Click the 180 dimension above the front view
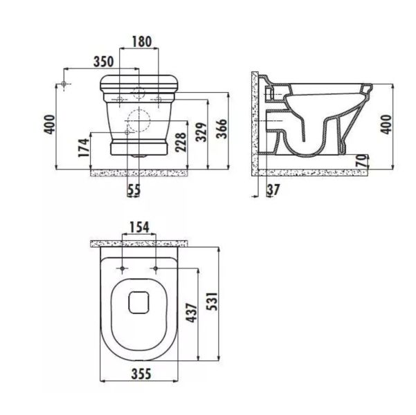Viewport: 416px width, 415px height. (142, 41)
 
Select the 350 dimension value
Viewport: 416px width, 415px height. (103, 62)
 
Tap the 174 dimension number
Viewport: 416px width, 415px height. (84, 148)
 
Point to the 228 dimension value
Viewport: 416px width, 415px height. (181, 142)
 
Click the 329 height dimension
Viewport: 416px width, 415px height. (201, 132)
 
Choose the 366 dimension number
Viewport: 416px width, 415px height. (221, 129)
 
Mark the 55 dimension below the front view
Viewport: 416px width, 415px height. (134, 190)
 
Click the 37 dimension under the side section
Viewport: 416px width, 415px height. (273, 190)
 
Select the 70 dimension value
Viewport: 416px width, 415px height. (362, 160)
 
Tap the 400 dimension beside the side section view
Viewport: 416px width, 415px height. (386, 124)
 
